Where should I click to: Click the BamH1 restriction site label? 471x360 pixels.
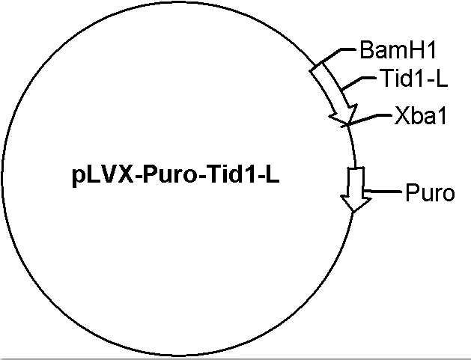pos(398,50)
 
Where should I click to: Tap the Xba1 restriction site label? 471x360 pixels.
pos(420,115)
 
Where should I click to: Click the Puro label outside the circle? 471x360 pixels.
pos(430,193)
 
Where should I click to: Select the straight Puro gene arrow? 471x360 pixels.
pos(356,190)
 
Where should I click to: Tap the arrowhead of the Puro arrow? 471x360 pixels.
pos(355,204)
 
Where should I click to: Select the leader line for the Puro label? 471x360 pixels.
pos(382,191)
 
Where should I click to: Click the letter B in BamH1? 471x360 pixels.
pos(366,50)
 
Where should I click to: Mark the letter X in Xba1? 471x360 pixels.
pos(401,115)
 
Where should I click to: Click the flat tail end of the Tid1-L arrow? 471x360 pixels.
pos(316,67)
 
